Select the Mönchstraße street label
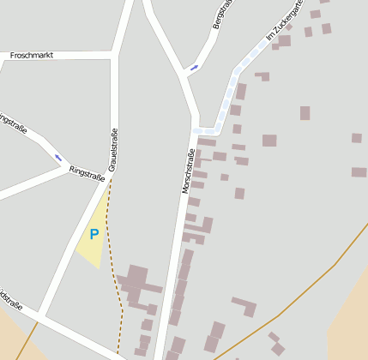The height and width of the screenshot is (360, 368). click(x=188, y=171)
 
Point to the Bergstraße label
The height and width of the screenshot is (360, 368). click(x=222, y=15)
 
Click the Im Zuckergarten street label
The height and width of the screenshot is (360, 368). click(x=285, y=21)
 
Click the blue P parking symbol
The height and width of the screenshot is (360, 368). click(x=94, y=233)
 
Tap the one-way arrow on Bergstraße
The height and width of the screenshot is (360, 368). click(x=194, y=67)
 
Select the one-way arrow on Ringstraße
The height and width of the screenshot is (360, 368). click(x=59, y=157)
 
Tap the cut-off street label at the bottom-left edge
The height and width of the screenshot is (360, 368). click(x=10, y=297)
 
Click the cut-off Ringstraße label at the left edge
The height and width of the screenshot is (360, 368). click(x=12, y=124)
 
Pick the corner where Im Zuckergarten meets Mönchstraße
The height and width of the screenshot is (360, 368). click(x=198, y=129)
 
